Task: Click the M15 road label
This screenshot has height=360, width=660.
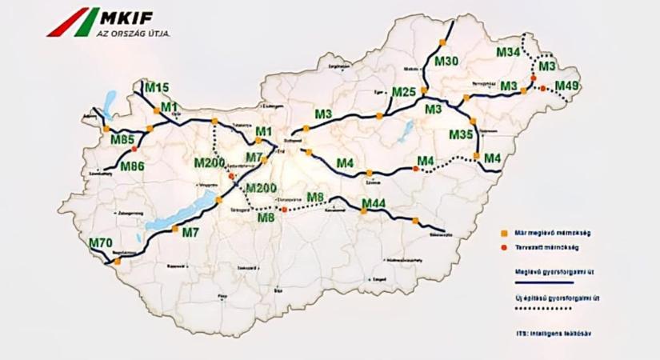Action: point(157,87)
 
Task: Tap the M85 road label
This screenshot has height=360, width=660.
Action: point(122,141)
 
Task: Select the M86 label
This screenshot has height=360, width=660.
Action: point(132,166)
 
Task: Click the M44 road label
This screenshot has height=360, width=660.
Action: point(374,205)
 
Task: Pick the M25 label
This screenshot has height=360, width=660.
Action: point(404,92)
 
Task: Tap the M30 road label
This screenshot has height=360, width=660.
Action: point(447,61)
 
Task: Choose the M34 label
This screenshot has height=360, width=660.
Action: point(508,52)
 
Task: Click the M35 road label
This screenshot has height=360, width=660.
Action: point(461,134)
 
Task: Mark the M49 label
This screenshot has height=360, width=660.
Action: point(566,86)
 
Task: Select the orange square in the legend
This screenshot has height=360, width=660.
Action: point(504,233)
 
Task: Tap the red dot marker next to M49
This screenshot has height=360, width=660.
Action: point(543,88)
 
